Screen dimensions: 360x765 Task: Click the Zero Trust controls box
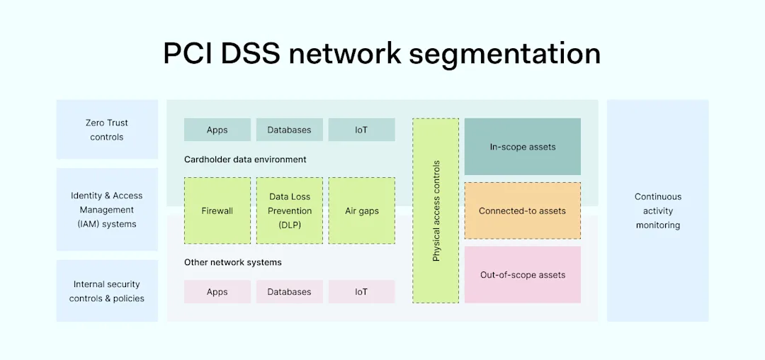pos(107,130)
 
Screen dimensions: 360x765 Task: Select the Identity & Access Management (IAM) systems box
pos(107,210)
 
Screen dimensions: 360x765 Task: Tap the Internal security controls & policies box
pos(107,291)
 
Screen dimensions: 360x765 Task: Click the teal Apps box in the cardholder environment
pos(217,130)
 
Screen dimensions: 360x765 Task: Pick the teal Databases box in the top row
pos(289,130)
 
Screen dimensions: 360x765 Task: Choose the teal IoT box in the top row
pos(361,130)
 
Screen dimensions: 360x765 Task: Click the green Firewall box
pos(217,210)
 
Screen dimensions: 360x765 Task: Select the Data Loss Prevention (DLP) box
pos(289,210)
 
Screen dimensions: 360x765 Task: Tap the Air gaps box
pos(361,210)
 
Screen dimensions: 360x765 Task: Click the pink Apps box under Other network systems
pos(217,292)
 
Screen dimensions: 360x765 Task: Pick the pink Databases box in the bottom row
pos(289,292)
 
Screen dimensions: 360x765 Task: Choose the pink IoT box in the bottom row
pos(361,292)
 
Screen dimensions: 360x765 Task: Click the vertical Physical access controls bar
pos(436,210)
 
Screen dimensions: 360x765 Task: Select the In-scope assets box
pos(523,147)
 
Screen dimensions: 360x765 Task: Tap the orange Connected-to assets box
pos(523,210)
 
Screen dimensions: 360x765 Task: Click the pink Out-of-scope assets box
pos(523,275)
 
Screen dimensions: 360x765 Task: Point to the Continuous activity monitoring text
pos(658,210)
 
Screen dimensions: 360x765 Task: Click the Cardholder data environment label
pos(245,159)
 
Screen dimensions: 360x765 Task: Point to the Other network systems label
pos(233,262)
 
